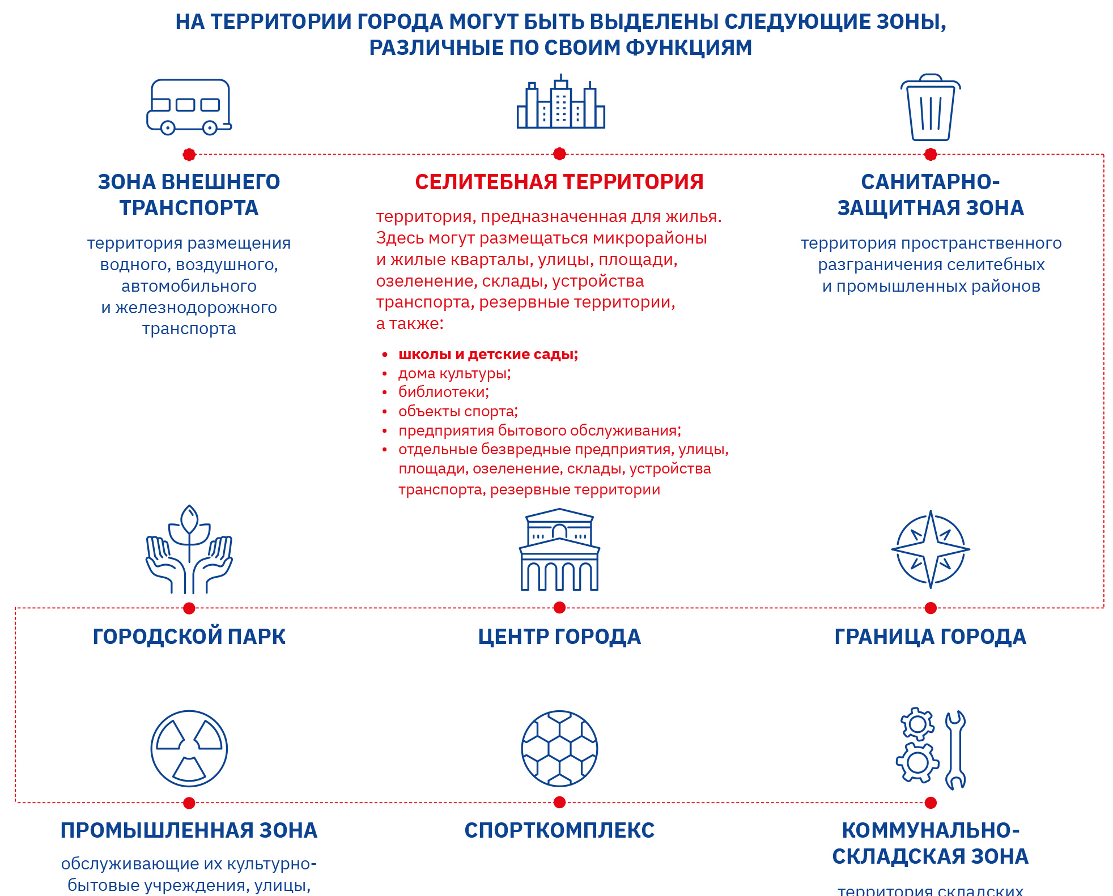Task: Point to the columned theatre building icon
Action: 559,550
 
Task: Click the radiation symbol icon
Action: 189,748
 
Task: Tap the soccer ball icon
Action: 559,748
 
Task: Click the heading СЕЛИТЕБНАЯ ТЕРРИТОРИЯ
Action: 559,182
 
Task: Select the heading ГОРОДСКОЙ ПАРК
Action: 189,637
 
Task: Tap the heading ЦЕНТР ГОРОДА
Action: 559,637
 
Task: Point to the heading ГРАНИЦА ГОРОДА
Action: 931,637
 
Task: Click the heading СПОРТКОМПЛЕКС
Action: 559,830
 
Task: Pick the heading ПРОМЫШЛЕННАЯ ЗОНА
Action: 189,830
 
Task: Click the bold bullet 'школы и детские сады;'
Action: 488,355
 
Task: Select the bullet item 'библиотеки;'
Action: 443,392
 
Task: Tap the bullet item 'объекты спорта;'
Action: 458,411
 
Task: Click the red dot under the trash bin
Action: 931,154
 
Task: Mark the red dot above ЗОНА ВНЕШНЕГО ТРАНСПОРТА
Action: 189,154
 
